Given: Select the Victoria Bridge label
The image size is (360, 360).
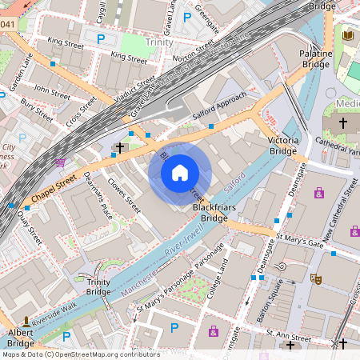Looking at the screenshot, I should [283, 146].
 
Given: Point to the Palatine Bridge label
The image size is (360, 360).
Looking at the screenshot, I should [315, 58].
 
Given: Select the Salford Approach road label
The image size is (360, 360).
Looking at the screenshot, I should [221, 111].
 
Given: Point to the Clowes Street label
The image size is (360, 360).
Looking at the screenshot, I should [124, 195].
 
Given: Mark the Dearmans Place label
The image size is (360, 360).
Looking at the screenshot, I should [98, 198].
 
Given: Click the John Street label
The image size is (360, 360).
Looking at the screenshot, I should [53, 91].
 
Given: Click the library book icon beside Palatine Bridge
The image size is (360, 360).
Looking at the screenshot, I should [346, 36].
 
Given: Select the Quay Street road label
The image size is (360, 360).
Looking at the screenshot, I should [31, 225].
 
